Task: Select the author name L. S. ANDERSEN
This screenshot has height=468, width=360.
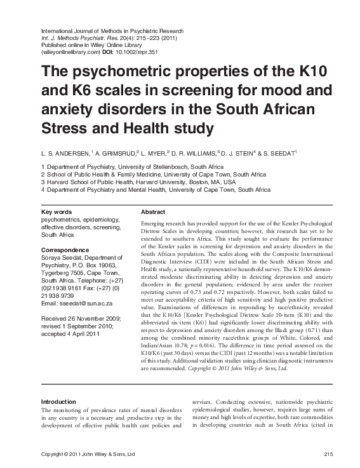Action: point(65,152)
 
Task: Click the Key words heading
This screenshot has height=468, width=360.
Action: point(56,212)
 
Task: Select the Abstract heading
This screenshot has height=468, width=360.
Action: point(153,212)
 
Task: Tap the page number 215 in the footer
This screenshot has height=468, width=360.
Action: point(328,453)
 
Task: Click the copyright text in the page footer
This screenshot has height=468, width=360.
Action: point(88,453)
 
